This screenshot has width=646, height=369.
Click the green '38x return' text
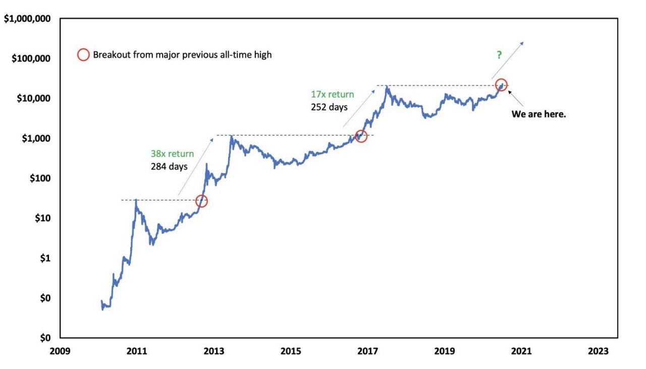[172, 154]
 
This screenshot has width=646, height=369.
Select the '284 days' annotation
[169, 166]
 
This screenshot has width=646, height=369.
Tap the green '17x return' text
[332, 94]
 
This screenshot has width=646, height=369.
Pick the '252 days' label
[329, 107]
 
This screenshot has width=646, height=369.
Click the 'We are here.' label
[539, 114]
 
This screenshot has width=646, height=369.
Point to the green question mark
[499, 55]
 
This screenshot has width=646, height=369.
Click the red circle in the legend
[83, 55]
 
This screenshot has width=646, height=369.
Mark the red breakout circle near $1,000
[360, 136]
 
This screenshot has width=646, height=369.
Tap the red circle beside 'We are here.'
[501, 85]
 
